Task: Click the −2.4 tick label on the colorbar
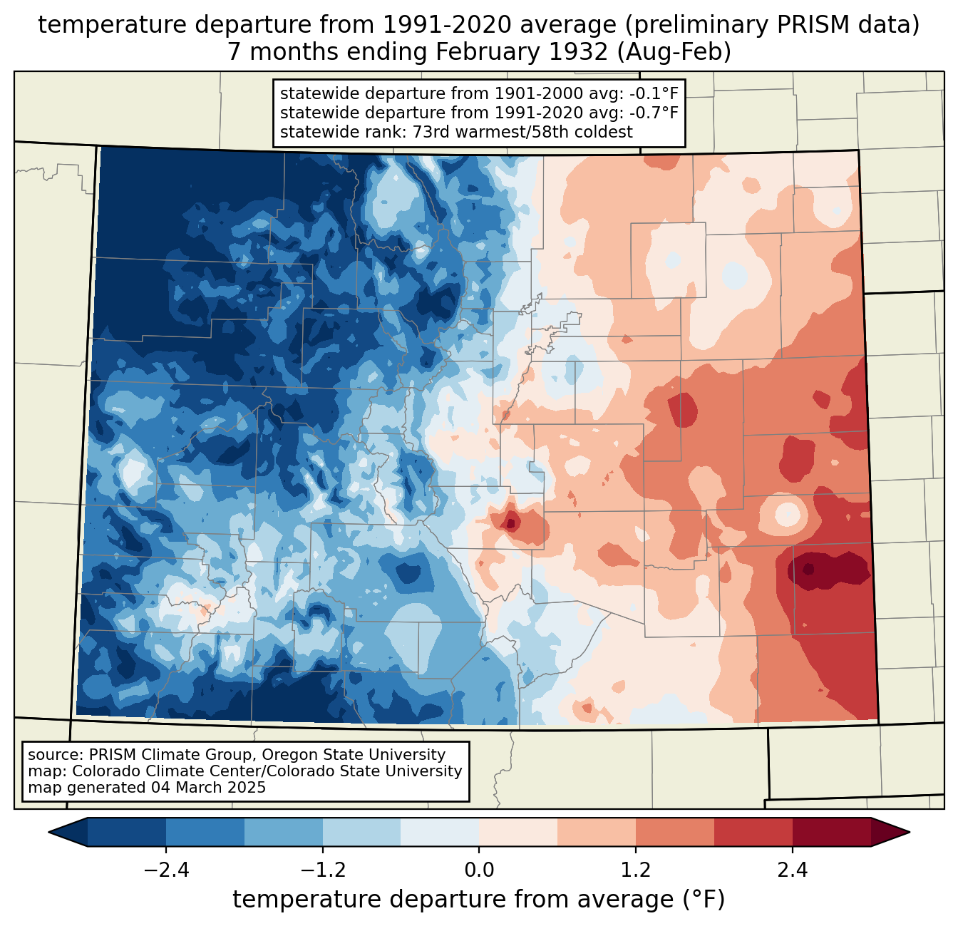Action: [166, 870]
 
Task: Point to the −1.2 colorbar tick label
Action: [322, 870]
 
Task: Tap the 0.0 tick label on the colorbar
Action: [479, 870]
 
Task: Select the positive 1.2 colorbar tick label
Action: [636, 870]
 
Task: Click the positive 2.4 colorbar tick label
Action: [792, 870]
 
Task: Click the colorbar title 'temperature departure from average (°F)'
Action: [478, 900]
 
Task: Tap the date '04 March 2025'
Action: [208, 788]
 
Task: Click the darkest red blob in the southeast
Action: [827, 570]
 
